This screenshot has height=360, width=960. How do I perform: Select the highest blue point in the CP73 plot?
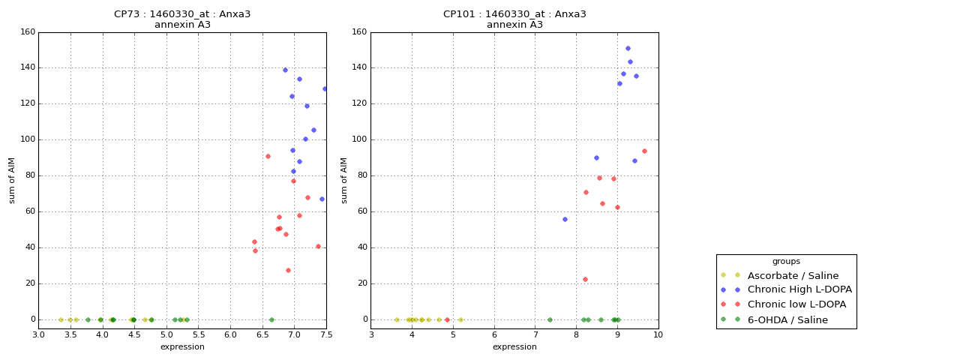pyautogui.click(x=285, y=70)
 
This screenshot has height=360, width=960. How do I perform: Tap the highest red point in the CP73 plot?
pyautogui.click(x=268, y=156)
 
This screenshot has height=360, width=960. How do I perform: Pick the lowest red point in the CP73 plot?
pyautogui.click(x=288, y=270)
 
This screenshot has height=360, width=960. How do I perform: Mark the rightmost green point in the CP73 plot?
pyautogui.click(x=271, y=319)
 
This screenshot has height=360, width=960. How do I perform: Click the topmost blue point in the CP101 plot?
pyautogui.click(x=628, y=48)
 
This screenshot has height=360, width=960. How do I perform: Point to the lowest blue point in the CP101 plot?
pyautogui.click(x=565, y=219)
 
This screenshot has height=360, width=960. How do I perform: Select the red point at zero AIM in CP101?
pyautogui.click(x=447, y=319)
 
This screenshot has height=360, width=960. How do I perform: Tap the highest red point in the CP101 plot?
pyautogui.click(x=644, y=151)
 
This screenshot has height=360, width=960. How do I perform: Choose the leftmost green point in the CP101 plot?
pyautogui.click(x=550, y=319)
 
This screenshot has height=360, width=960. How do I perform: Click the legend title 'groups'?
pyautogui.click(x=786, y=261)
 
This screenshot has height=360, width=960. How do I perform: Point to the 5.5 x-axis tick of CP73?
pyautogui.click(x=199, y=334)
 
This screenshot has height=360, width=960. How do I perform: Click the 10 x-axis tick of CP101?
pyautogui.click(x=658, y=334)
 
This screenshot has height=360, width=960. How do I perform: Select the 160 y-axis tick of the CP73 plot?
pyautogui.click(x=28, y=32)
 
